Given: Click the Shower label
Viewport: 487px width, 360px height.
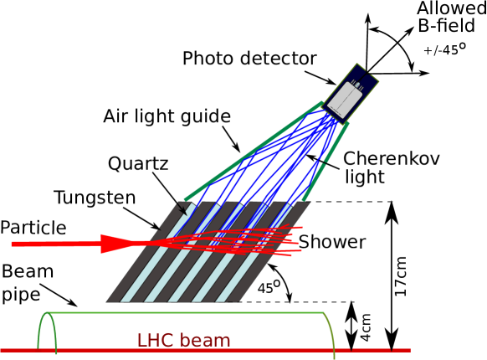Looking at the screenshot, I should coord(332,242).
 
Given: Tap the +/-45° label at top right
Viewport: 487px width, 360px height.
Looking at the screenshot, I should coord(450,51).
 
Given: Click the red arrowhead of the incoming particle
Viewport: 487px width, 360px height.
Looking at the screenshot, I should coord(117,244).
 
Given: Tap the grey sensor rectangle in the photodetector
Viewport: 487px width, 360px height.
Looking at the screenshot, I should coord(345,100).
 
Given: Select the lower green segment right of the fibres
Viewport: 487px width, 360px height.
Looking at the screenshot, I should coord(314,183).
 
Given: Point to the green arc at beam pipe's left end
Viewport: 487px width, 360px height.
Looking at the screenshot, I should coord(47,330).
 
